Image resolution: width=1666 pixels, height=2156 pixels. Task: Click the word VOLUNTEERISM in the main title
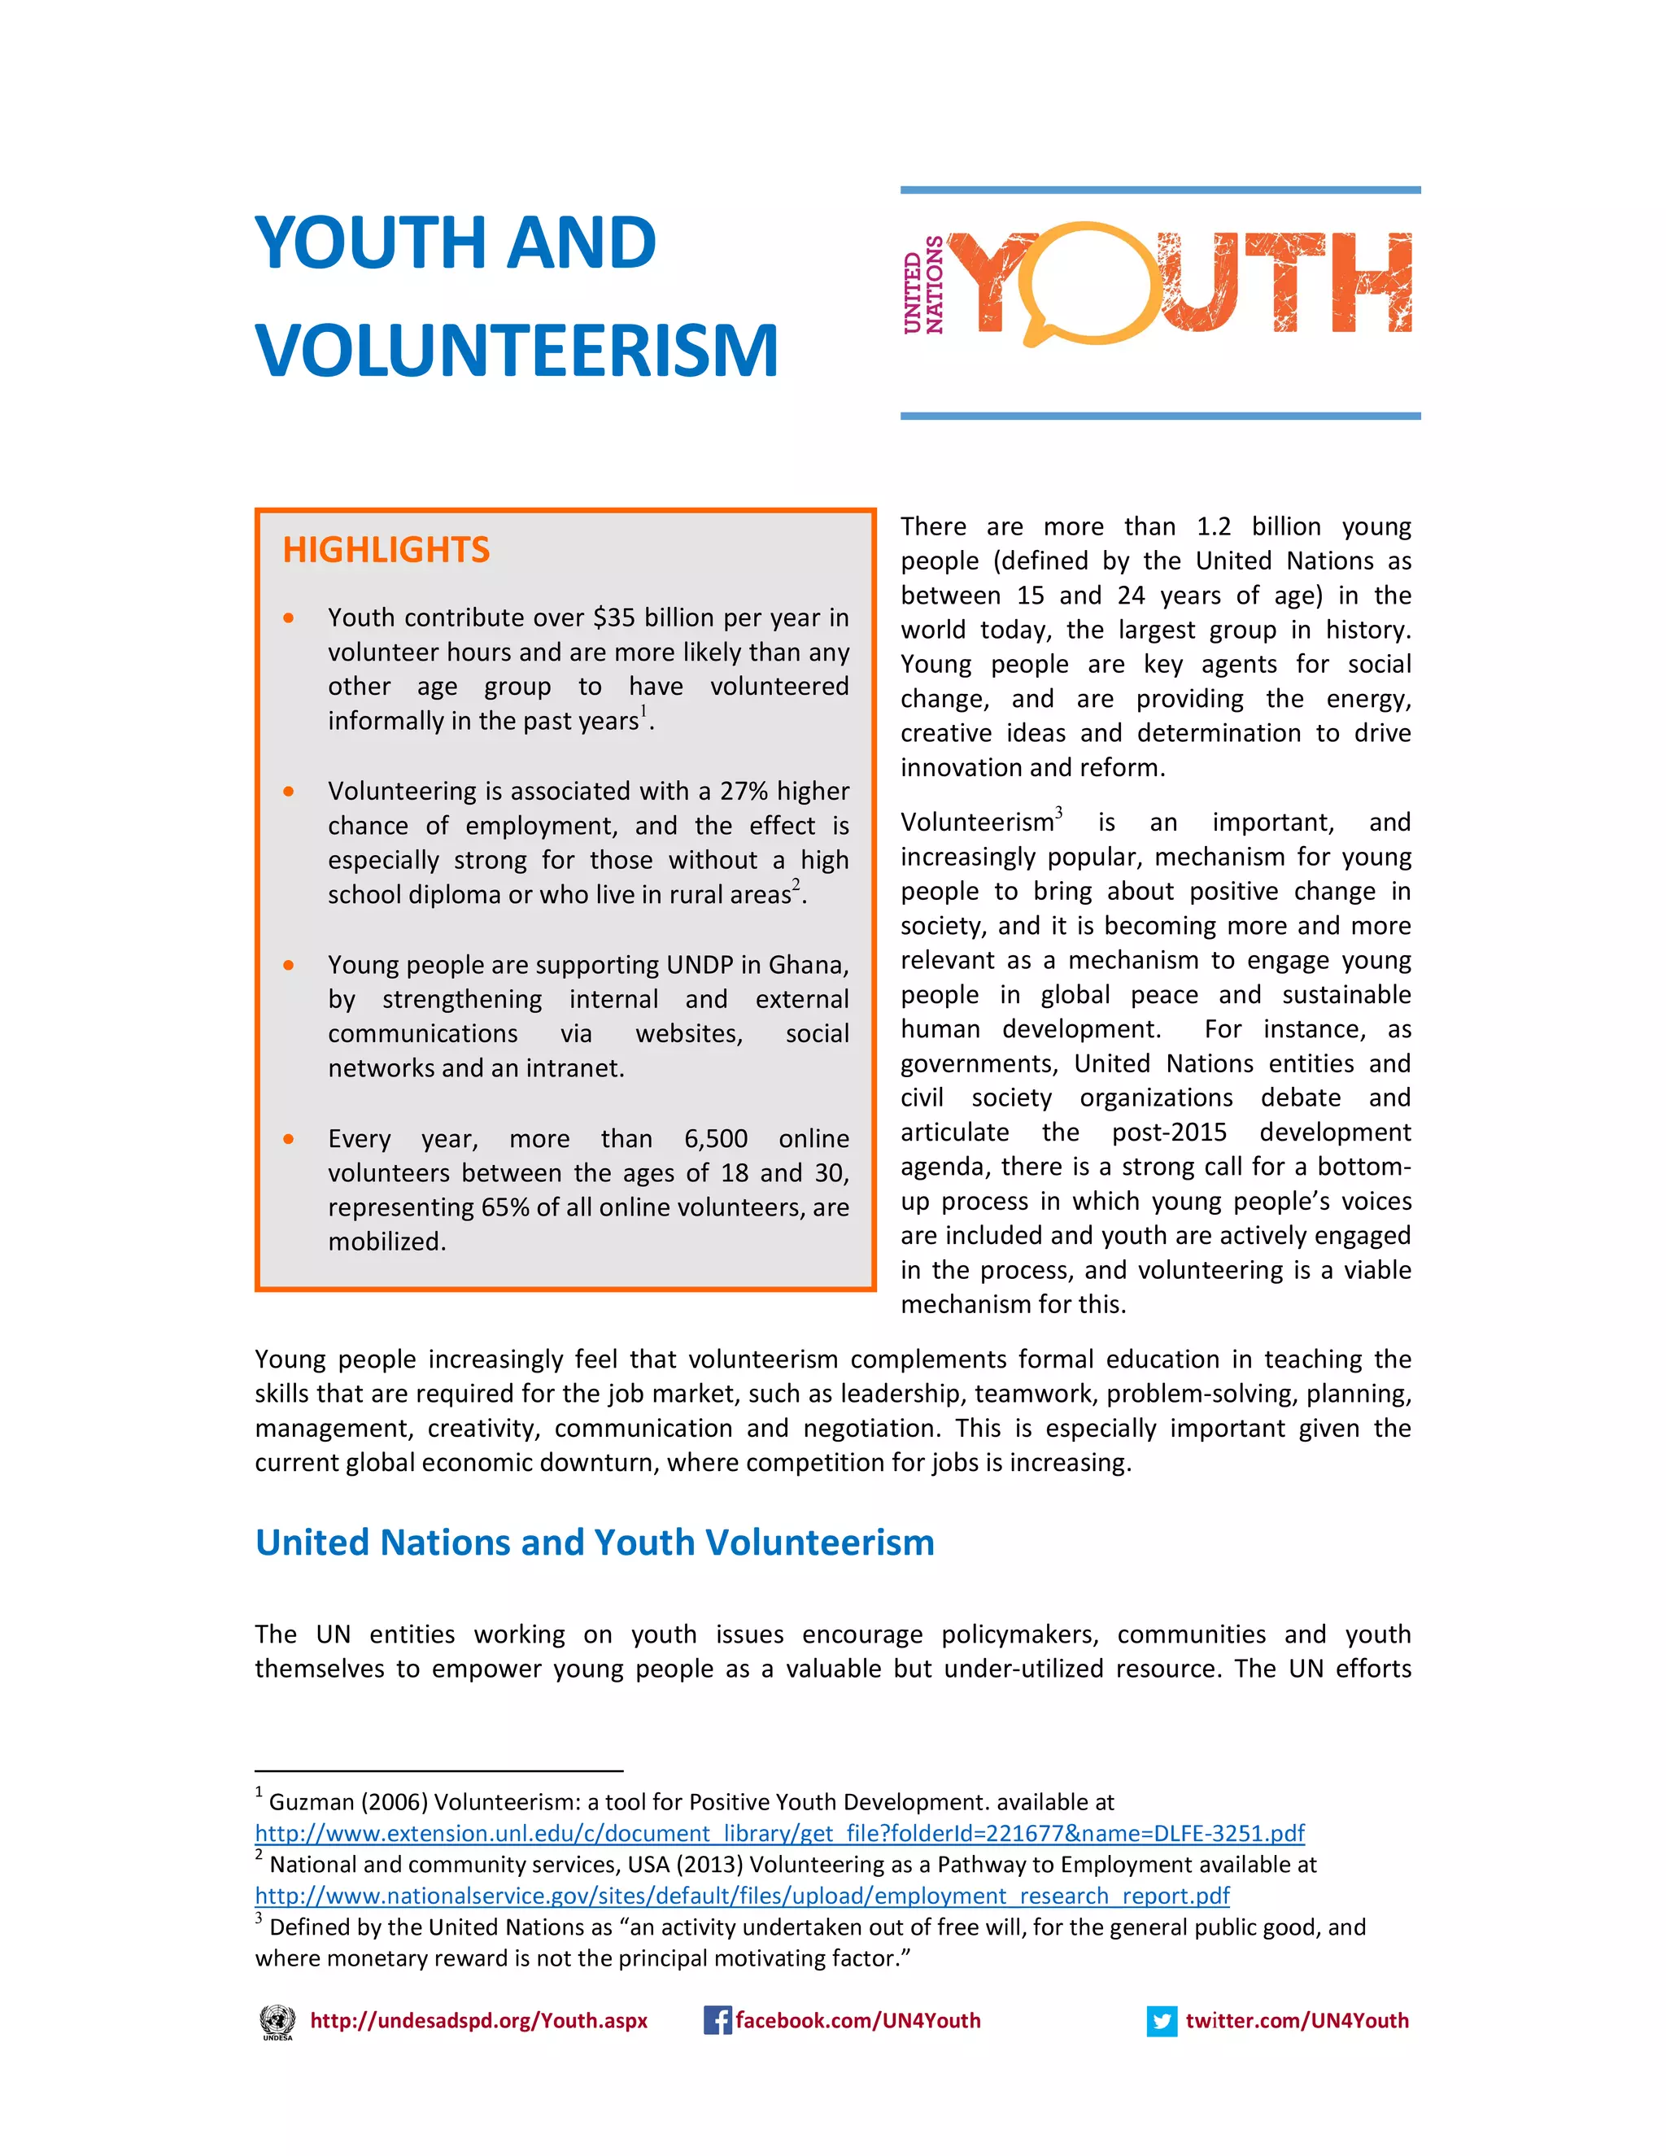517,351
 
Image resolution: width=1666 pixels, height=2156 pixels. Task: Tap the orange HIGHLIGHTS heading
386,550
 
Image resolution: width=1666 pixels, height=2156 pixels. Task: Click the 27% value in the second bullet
744,792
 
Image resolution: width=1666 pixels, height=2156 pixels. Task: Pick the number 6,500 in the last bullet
716,1139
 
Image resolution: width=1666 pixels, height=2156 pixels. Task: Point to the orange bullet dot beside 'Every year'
288,1139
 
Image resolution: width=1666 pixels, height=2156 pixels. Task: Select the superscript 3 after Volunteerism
1059,813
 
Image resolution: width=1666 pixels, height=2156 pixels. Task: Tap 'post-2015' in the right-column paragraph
1169,1133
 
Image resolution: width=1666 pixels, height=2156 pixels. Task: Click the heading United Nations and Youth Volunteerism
594,1543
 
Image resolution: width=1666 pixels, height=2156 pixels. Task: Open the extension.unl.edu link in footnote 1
778,1834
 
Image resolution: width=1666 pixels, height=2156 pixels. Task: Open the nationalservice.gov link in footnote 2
741,1896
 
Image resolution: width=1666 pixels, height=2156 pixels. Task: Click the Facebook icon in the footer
717,2021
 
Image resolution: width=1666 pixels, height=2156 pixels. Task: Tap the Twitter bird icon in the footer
1162,2021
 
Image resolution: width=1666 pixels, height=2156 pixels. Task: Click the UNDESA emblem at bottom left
277,2022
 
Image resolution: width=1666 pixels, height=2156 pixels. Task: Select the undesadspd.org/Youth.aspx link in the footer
478,2021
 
